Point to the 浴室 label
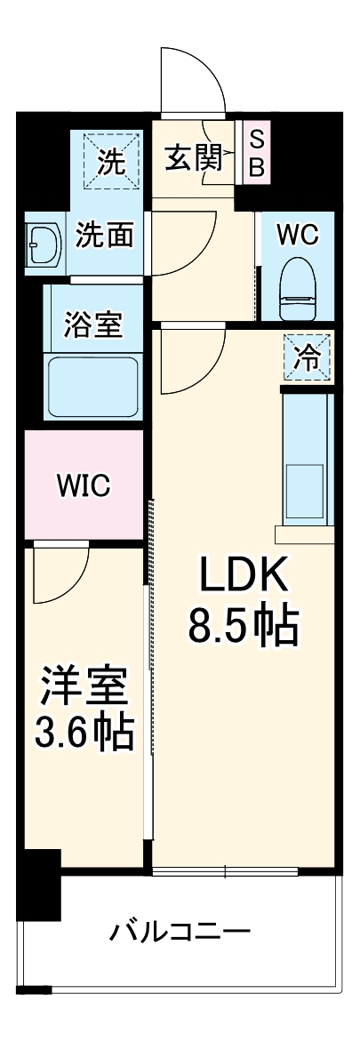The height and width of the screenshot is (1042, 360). click(92, 325)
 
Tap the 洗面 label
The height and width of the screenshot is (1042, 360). click(104, 235)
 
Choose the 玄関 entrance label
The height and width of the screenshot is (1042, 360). click(193, 159)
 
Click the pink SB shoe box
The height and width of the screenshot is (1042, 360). click(256, 152)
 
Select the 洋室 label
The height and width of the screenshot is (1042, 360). click(84, 688)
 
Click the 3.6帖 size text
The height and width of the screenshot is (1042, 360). click(84, 734)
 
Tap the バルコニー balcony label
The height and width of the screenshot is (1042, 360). click(180, 933)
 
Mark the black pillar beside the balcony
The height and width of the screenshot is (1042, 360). click(39, 885)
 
